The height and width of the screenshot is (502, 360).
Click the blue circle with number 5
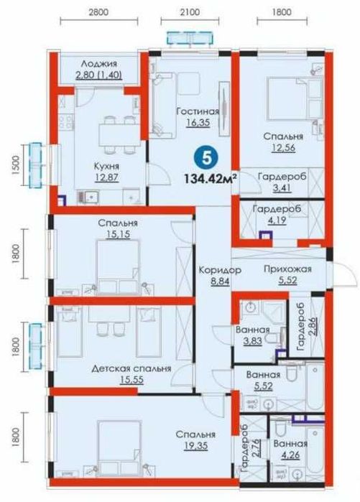(207, 158)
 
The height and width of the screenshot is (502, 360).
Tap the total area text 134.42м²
(211, 177)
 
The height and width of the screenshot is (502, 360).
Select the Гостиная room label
(198, 111)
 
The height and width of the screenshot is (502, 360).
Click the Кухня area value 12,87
(106, 177)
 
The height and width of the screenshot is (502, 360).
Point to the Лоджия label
(98, 64)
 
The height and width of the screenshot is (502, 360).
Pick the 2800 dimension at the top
(98, 12)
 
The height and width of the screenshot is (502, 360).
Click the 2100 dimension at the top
(190, 12)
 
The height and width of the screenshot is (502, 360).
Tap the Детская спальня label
(131, 369)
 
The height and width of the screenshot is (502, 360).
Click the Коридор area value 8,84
(220, 282)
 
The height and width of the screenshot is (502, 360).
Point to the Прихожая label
(287, 269)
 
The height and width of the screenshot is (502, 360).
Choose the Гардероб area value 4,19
(277, 220)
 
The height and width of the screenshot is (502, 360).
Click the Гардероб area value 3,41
(282, 187)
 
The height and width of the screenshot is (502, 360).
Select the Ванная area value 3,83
(253, 341)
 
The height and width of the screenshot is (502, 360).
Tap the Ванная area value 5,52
(263, 386)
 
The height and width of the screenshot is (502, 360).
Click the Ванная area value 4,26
(291, 455)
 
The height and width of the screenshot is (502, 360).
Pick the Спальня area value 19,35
(195, 446)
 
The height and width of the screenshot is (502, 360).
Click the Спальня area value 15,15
(118, 234)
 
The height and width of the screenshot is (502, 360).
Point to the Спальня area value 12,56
(283, 148)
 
